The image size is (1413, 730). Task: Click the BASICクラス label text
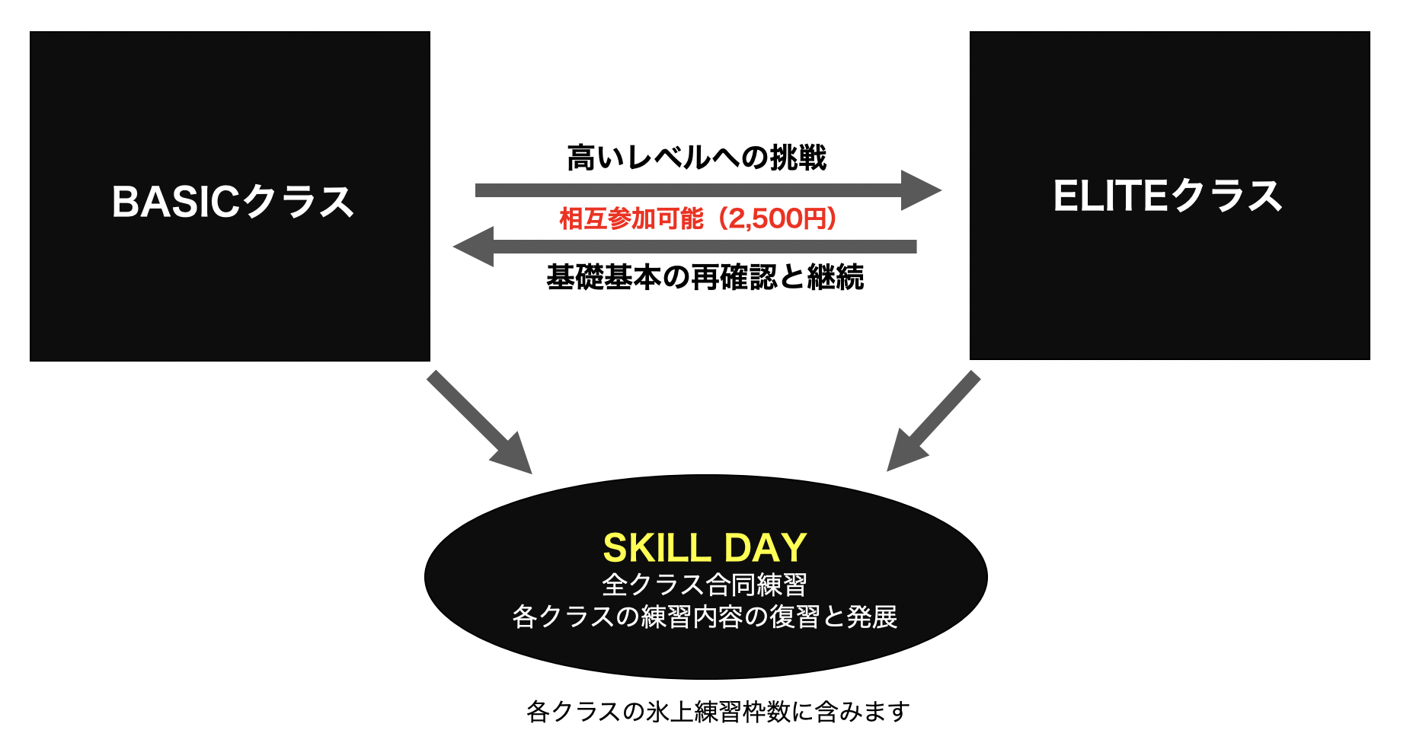(233, 202)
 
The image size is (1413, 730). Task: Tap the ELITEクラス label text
(1168, 196)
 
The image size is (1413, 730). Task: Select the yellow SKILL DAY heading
(705, 547)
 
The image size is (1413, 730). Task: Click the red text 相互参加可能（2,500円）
(699, 219)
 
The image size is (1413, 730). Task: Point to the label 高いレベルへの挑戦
(697, 158)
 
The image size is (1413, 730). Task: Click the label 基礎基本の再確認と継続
(705, 277)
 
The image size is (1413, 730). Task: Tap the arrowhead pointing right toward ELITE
(921, 190)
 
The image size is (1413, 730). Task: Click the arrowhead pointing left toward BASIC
(473, 247)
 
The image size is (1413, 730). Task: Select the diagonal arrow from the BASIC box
(479, 422)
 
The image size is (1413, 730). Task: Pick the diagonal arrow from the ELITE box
(934, 421)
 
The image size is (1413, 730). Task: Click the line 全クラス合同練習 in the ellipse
(705, 585)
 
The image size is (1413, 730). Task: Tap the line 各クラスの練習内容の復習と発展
(705, 617)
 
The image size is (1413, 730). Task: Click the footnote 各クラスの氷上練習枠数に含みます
(718, 712)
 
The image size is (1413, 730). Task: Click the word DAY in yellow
(766, 547)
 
